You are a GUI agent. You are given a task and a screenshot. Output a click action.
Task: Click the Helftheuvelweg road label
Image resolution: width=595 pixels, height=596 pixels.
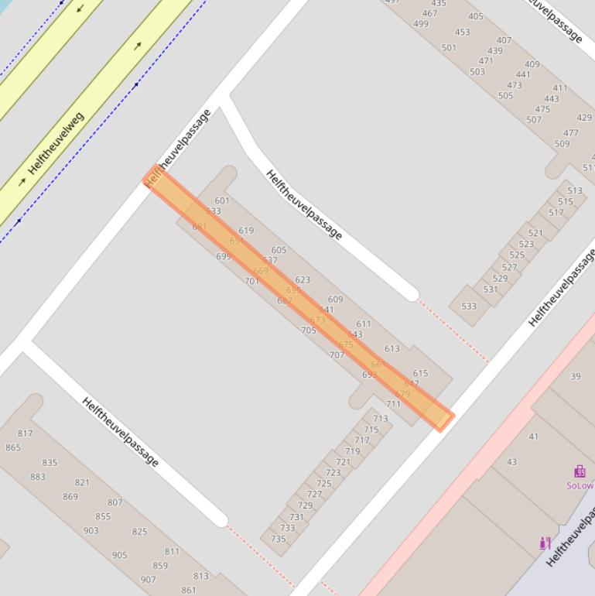(56, 144)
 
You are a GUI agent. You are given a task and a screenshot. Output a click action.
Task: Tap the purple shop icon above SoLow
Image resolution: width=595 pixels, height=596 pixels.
(580, 471)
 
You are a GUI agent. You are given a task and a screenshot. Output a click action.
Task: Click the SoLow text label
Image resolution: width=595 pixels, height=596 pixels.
(580, 486)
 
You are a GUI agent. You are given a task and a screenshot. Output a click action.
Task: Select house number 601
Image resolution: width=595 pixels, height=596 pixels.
(222, 201)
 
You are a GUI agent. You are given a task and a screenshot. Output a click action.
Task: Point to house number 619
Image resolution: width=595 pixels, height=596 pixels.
(246, 231)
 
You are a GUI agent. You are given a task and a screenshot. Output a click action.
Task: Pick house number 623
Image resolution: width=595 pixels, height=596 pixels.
(303, 280)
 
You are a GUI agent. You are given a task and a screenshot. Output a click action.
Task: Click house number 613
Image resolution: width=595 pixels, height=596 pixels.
(392, 349)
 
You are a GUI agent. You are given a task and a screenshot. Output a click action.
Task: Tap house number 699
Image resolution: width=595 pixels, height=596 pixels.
(224, 256)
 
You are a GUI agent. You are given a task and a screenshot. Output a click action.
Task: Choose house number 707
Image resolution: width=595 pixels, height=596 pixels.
(337, 355)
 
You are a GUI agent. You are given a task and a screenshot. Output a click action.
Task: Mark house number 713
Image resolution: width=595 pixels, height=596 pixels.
(380, 419)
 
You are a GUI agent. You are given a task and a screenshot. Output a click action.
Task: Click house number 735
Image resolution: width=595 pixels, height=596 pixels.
(279, 539)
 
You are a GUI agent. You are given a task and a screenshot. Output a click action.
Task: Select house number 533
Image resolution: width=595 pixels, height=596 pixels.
(469, 306)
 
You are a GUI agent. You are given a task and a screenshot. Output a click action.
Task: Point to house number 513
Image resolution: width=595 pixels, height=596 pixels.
(574, 190)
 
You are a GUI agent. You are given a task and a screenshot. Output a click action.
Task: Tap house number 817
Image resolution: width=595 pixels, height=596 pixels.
(25, 433)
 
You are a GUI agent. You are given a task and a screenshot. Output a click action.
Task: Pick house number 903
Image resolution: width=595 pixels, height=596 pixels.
(91, 530)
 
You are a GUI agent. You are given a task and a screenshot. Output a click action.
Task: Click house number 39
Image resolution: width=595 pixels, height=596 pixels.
(575, 376)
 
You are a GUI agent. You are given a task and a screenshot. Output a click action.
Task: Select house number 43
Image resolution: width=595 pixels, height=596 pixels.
(511, 462)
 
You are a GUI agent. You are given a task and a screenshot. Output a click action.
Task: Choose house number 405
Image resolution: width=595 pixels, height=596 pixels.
(476, 16)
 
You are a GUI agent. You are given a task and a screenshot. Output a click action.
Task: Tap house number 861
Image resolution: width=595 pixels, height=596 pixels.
(189, 590)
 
